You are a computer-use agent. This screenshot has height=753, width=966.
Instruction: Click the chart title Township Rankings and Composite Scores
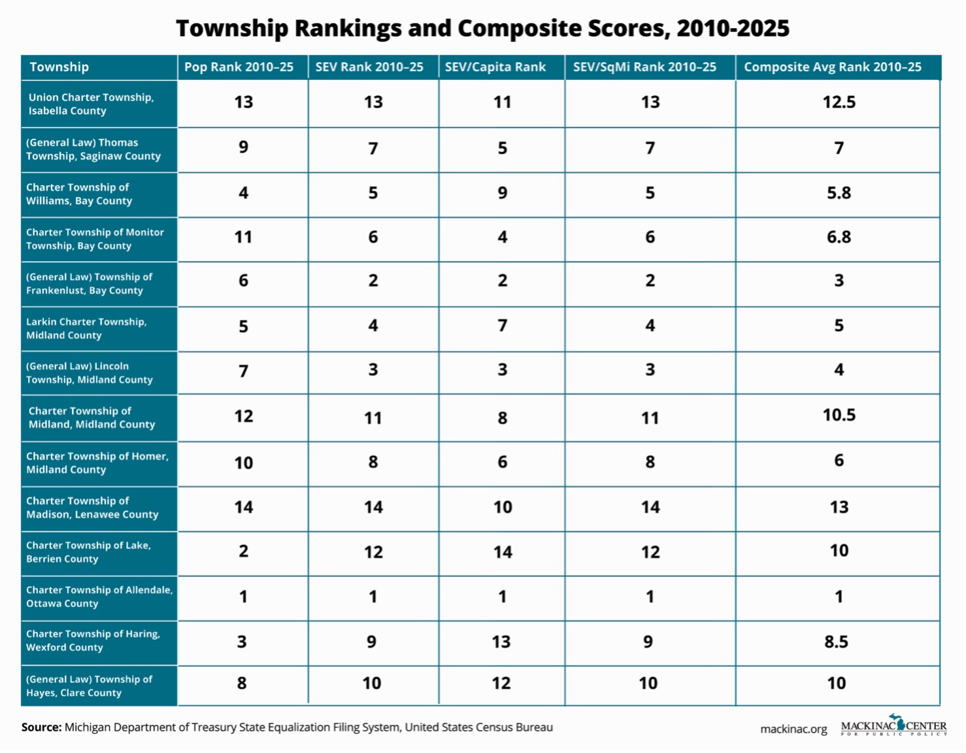pyautogui.click(x=483, y=28)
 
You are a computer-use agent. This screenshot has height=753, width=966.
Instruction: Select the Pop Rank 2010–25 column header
pyautogui.click(x=239, y=67)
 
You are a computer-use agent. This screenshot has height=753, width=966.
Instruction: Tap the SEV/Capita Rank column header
pyautogui.click(x=495, y=67)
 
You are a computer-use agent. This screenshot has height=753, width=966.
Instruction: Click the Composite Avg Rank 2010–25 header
pyautogui.click(x=833, y=67)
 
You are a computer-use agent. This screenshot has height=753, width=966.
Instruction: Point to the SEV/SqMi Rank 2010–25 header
pyautogui.click(x=644, y=67)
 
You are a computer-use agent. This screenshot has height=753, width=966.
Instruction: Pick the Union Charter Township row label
pyautogui.click(x=91, y=104)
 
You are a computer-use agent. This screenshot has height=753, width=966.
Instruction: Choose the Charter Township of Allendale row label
pyautogui.click(x=99, y=597)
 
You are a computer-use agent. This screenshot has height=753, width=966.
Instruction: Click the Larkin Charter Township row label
pyautogui.click(x=86, y=328)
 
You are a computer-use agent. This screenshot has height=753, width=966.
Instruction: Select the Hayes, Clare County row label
pyautogui.click(x=89, y=686)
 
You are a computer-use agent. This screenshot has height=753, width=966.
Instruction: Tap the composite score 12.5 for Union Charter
pyautogui.click(x=839, y=102)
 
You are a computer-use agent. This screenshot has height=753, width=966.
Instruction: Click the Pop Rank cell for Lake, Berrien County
pyautogui.click(x=243, y=551)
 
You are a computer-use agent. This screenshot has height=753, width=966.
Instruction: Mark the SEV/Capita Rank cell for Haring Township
pyautogui.click(x=501, y=642)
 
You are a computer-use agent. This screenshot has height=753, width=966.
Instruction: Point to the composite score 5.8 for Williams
pyautogui.click(x=839, y=193)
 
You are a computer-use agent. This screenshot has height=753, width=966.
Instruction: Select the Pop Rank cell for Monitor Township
pyautogui.click(x=243, y=237)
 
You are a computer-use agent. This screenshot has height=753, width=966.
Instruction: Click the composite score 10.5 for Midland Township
pyautogui.click(x=839, y=415)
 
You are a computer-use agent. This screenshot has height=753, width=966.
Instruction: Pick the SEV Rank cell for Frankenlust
pyautogui.click(x=373, y=281)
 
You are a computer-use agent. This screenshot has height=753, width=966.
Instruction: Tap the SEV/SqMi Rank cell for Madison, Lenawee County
pyautogui.click(x=650, y=507)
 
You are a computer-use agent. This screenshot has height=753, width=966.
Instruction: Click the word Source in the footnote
pyautogui.click(x=41, y=727)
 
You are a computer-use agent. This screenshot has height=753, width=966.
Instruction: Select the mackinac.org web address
pyautogui.click(x=793, y=729)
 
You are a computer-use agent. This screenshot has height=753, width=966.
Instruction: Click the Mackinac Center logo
pyautogui.click(x=893, y=725)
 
